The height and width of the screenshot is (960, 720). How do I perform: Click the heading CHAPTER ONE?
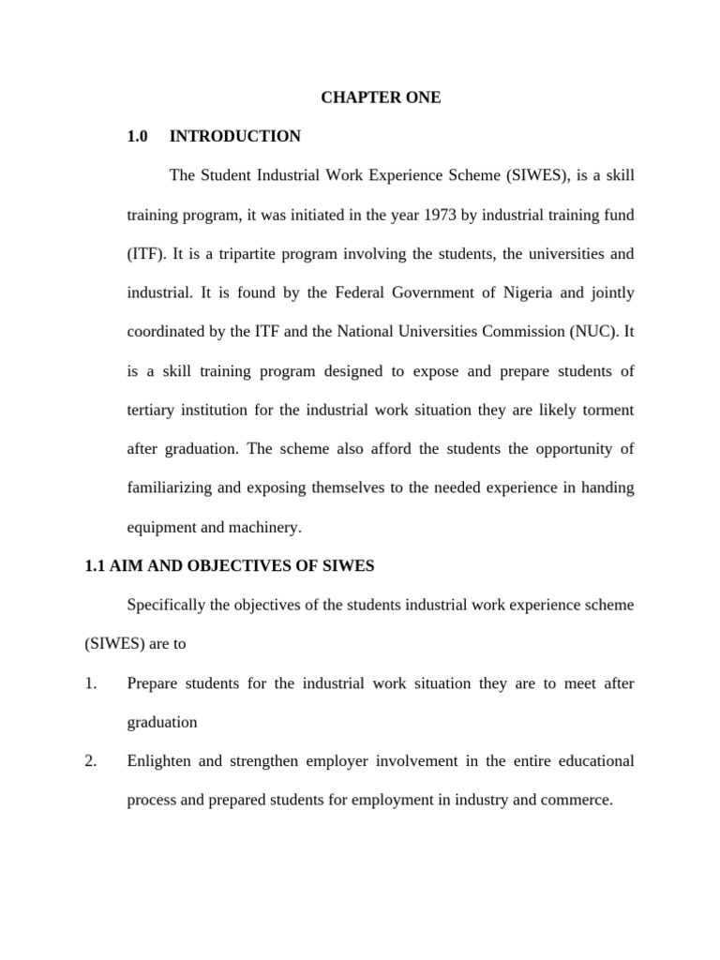pos(381,97)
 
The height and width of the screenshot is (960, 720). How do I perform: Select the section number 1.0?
pos(138,137)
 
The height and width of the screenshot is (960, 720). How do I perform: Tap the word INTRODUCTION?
pos(235,137)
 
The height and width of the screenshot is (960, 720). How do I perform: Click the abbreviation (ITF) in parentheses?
pos(146,254)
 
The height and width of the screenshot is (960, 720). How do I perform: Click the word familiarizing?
pos(170,488)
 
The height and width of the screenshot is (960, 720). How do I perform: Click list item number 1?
pos(90,683)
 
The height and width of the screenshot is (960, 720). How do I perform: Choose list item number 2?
pos(90,761)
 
